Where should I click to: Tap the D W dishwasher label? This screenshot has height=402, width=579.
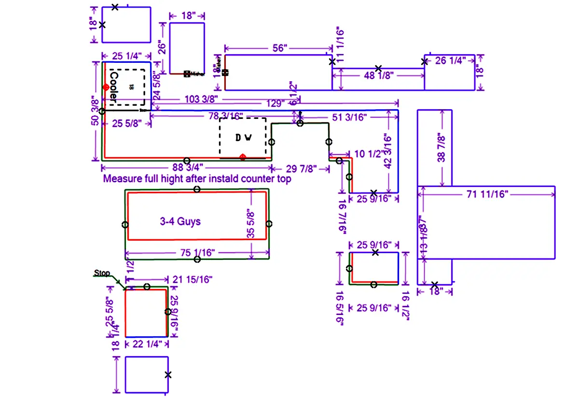[x=244, y=138]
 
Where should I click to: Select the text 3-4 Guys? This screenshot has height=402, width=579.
[x=180, y=222]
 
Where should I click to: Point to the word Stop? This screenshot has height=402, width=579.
[x=102, y=273]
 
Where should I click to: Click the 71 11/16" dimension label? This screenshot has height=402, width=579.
[x=487, y=194]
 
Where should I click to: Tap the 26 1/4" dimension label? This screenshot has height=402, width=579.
[x=450, y=60]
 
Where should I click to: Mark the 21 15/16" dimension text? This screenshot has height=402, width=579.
[x=192, y=279]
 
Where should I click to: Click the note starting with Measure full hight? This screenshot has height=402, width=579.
[x=197, y=179]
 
